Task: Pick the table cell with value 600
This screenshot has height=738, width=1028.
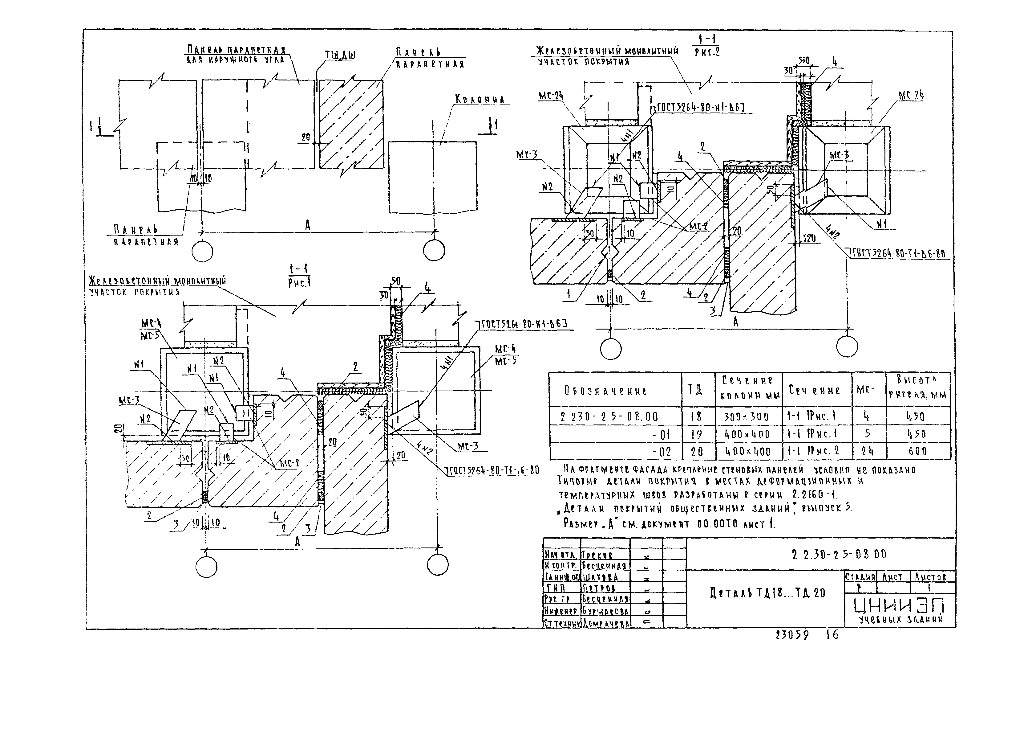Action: click(917, 451)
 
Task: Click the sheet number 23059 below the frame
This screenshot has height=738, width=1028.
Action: click(792, 635)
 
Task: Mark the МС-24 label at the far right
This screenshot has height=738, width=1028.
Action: click(911, 96)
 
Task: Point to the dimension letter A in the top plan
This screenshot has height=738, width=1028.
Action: click(308, 225)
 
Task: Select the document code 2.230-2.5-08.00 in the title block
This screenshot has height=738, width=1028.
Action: click(839, 554)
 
